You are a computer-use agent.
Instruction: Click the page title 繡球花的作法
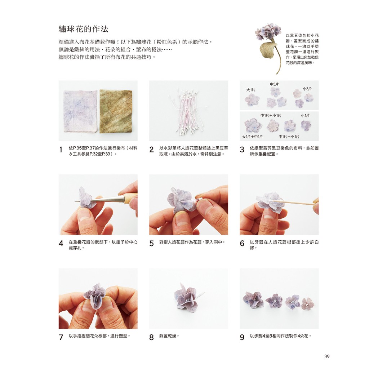point(83,29)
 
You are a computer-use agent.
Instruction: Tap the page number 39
point(327,356)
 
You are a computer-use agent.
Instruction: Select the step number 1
point(61,150)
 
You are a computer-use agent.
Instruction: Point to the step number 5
point(151,243)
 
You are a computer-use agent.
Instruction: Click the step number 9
point(242,337)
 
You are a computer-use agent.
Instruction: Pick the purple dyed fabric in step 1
point(80,111)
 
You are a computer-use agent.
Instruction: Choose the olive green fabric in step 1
point(116,111)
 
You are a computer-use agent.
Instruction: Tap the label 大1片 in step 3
point(251,90)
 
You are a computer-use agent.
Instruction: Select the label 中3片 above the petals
point(274,84)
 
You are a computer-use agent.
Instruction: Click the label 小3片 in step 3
point(307,89)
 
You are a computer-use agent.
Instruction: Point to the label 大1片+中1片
point(252,137)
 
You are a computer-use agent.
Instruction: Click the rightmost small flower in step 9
point(308,303)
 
